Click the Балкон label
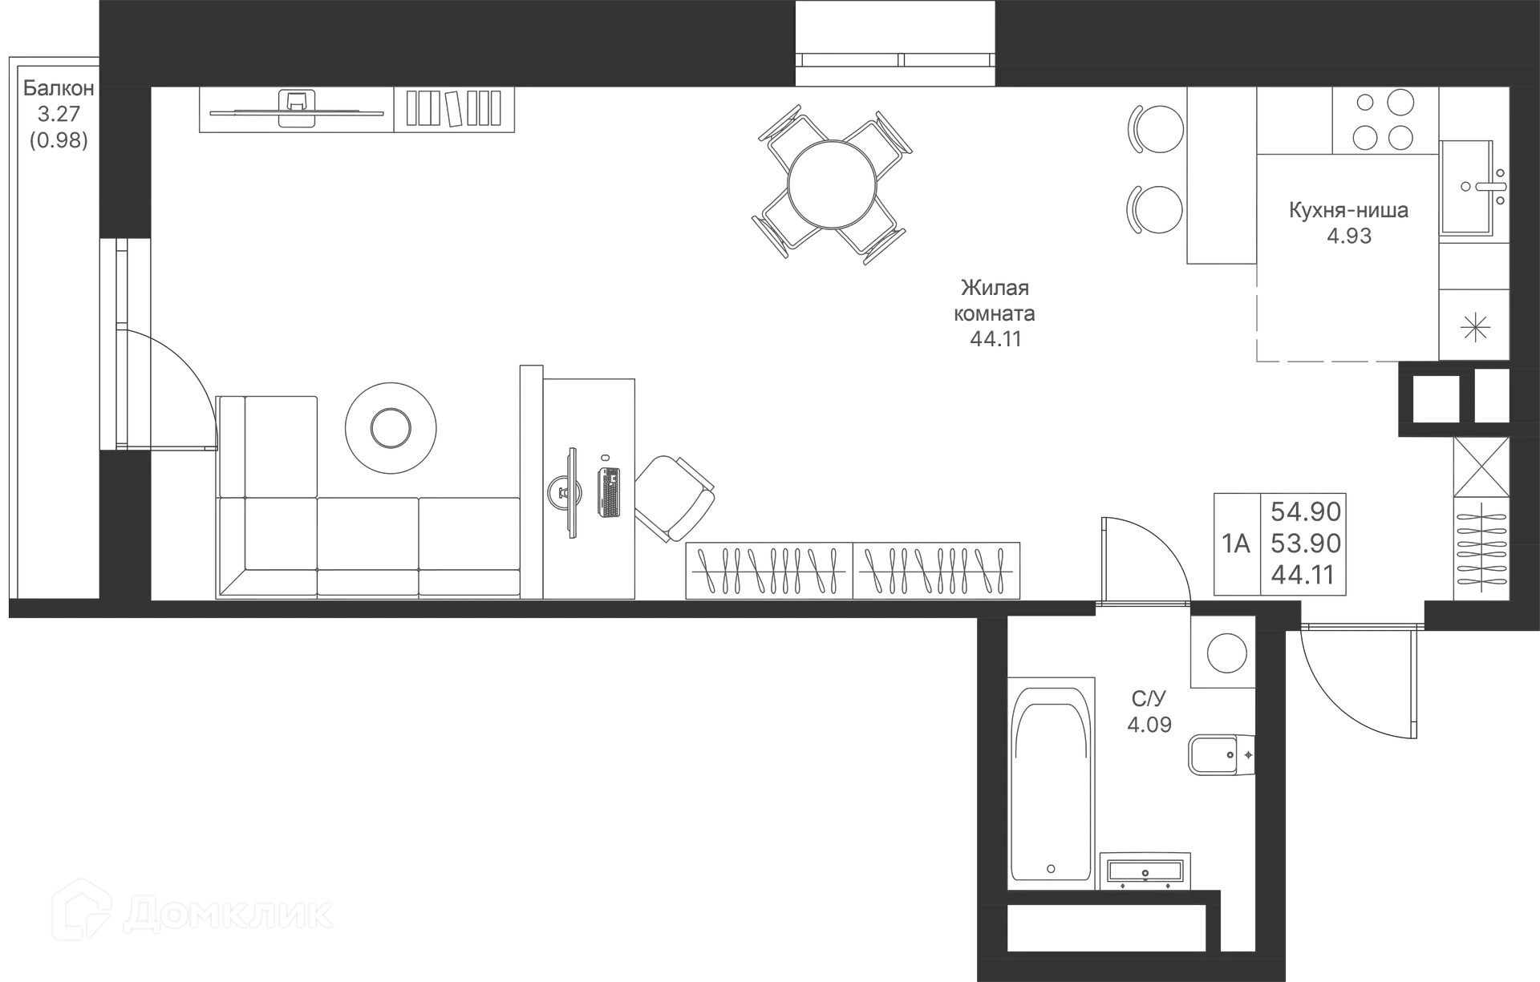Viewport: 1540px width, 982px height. coord(59,87)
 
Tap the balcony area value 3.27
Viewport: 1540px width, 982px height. coord(59,114)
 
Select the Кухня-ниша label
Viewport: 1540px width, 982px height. coord(1348,211)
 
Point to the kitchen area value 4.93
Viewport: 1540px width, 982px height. coord(1349,236)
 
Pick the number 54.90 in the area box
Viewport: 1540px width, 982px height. coord(1306,511)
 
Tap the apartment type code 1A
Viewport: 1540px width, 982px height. coord(1236,544)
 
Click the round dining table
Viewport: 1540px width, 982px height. coord(832,184)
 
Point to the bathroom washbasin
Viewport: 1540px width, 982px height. coord(1145,871)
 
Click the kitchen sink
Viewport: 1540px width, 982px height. coord(1474,187)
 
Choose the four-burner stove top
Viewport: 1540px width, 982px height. coord(1385,120)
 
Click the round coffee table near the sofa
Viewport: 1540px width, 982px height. coord(391,428)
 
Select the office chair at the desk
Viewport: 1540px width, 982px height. coord(675,498)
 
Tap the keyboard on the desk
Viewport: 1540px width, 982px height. coord(608,492)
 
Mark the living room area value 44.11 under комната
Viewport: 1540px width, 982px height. coord(995,339)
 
